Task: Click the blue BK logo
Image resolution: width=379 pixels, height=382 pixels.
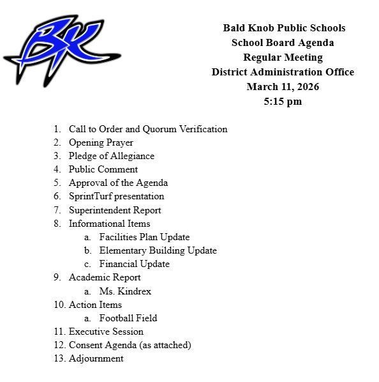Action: coord(62,50)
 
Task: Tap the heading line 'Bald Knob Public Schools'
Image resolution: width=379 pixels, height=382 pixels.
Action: coord(284,28)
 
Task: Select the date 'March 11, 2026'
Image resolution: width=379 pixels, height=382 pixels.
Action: coord(283,87)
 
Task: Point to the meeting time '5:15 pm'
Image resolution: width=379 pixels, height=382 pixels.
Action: coord(283,102)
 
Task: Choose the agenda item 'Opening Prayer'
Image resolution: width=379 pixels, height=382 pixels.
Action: coord(101,142)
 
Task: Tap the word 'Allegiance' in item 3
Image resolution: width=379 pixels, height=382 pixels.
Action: coord(133,156)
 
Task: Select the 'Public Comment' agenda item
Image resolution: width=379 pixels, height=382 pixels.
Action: coord(103,169)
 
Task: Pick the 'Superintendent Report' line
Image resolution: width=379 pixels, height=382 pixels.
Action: coord(115,210)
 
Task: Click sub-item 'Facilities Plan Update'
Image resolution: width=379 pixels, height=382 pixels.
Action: coord(144,237)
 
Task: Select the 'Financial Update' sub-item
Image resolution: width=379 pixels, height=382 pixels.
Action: coord(134,264)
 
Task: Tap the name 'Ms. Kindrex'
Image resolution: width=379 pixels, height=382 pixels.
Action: coord(125,291)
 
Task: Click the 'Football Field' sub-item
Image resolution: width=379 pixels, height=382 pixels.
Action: coord(128,318)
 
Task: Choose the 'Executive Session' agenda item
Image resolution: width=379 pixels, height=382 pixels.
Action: coord(106,332)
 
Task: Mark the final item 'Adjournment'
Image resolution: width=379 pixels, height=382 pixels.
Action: coord(96,358)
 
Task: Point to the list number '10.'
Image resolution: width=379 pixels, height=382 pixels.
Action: coord(59,305)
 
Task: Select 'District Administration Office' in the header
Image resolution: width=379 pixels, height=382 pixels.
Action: coord(283,72)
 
